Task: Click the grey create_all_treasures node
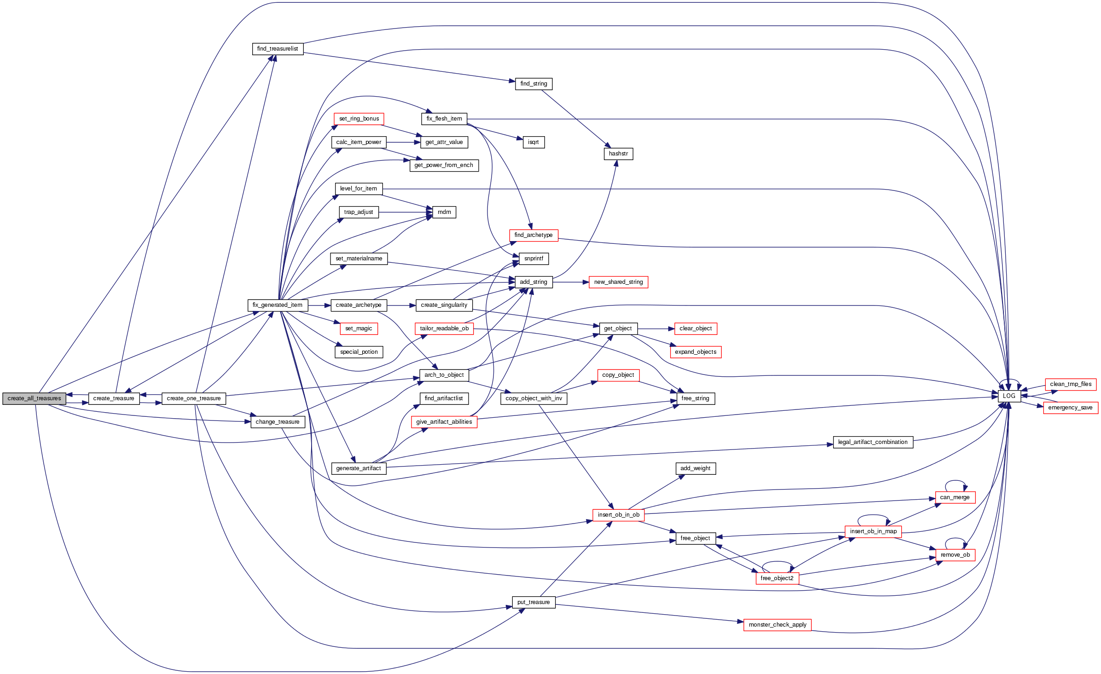34,398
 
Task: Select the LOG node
1009,396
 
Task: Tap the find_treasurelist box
278,49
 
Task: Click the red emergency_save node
1070,408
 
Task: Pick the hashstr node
618,154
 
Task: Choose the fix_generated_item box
278,305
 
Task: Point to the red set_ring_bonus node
359,119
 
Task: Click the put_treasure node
533,602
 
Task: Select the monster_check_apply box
777,625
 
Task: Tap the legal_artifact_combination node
873,442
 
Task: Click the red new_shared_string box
618,282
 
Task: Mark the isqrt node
533,142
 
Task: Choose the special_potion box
359,352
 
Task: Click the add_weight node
695,468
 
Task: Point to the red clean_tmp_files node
1071,384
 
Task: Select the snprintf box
533,259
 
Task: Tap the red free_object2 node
777,578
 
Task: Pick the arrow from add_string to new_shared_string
571,282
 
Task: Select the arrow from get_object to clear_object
656,328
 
